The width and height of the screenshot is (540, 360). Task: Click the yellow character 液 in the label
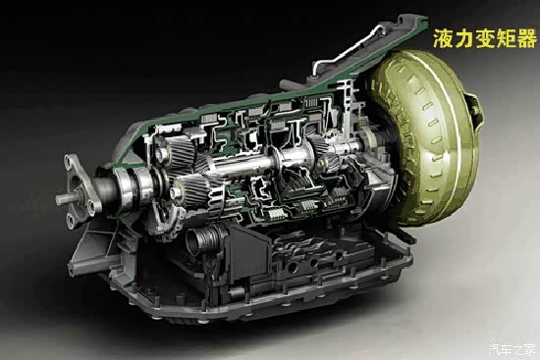point(443,38)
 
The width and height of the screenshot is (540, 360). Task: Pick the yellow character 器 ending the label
point(526,38)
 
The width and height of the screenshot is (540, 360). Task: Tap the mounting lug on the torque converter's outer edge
point(474,111)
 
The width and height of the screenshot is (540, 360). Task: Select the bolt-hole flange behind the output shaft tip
point(81,190)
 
